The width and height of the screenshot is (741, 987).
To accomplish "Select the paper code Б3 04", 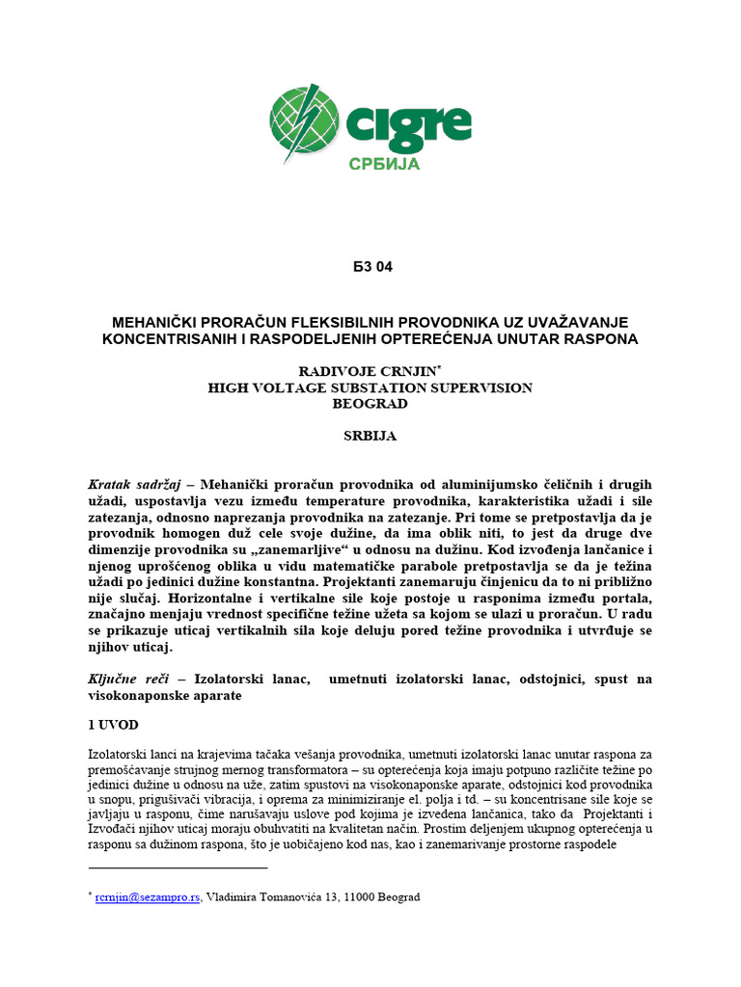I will coord(370,267).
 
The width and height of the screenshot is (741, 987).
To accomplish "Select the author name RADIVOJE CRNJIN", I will coord(367,370).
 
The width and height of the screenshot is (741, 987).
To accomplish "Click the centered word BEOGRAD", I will coord(370,404).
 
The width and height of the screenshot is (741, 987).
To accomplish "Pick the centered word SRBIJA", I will coord(370,436).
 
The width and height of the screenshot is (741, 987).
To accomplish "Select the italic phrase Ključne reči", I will coord(123,680).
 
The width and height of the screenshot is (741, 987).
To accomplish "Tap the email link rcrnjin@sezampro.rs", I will coord(148,897).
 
